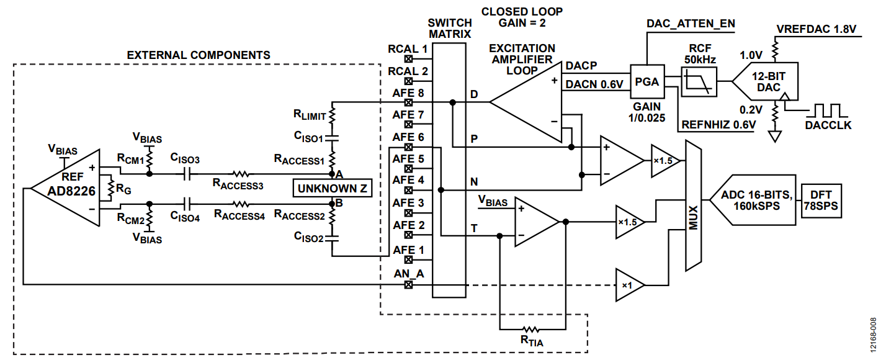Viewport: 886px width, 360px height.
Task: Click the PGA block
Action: (x=647, y=81)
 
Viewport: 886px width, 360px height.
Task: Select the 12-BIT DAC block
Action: (x=766, y=81)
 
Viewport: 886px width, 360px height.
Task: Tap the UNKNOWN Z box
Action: (x=333, y=188)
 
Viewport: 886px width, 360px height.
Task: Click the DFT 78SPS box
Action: (x=821, y=200)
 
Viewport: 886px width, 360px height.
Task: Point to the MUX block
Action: (x=694, y=205)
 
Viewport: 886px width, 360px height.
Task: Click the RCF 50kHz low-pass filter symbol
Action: (x=699, y=82)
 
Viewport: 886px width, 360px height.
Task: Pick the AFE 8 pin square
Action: (x=409, y=102)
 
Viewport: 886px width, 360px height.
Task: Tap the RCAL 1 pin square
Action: (x=409, y=59)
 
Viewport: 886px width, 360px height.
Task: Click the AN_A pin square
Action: (x=409, y=284)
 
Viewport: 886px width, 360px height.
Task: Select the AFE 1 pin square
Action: (x=409, y=260)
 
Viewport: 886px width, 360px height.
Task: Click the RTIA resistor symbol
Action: (x=530, y=329)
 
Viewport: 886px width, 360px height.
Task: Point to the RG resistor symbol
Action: (x=110, y=189)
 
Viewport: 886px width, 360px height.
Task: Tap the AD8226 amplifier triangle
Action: (x=66, y=188)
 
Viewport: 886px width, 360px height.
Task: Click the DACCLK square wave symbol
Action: (x=828, y=110)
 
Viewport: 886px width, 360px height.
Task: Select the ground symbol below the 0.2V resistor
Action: (x=775, y=137)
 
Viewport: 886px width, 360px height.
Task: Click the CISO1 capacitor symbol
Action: (x=332, y=138)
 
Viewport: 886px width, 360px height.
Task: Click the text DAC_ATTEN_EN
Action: (x=691, y=24)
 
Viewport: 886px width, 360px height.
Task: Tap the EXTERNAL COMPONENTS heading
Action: (x=199, y=55)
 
